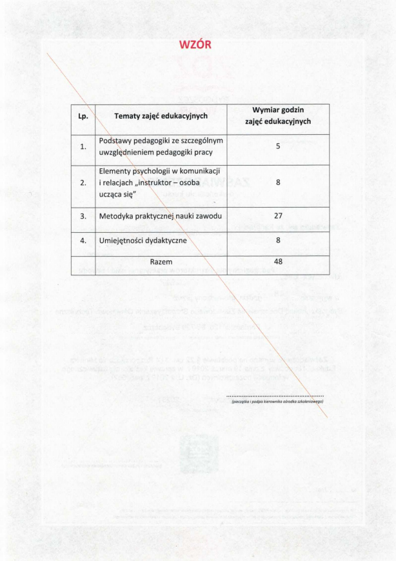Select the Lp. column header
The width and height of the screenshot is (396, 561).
tap(83, 116)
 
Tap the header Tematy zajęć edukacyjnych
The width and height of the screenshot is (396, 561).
tap(161, 116)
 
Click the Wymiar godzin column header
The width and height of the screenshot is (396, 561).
tap(278, 115)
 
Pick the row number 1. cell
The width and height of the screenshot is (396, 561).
tap(83, 146)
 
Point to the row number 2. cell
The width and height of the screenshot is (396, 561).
tap(83, 182)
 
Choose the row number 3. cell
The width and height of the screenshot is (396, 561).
tap(83, 216)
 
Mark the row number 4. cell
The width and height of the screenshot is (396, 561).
tap(83, 241)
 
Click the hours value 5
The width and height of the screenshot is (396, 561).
tap(278, 146)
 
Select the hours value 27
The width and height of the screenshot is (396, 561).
tap(278, 216)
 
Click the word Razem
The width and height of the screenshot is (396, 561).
tap(161, 262)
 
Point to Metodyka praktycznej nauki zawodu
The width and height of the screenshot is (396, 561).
tap(161, 216)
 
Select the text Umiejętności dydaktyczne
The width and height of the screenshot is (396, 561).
tap(143, 241)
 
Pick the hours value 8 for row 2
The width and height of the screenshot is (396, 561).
tap(278, 182)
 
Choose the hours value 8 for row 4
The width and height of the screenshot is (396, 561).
tap(278, 241)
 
